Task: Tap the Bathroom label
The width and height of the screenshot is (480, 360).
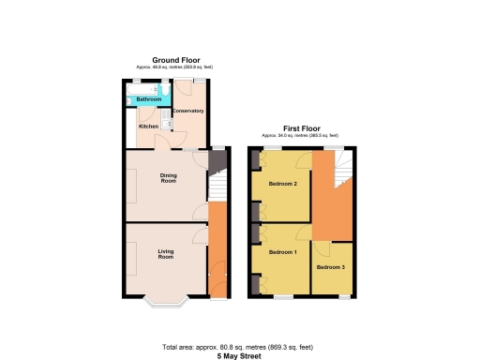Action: click(x=149, y=99)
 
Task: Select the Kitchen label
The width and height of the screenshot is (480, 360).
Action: click(x=148, y=126)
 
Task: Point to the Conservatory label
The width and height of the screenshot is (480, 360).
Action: click(x=187, y=112)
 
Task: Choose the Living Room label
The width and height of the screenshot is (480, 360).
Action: click(x=166, y=253)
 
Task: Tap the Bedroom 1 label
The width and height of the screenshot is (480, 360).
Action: click(x=282, y=253)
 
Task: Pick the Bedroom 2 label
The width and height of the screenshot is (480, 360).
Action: click(x=282, y=184)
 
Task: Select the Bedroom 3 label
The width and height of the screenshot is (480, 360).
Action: click(x=330, y=268)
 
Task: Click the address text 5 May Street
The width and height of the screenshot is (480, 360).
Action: click(x=239, y=355)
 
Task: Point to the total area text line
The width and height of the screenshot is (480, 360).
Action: click(x=239, y=348)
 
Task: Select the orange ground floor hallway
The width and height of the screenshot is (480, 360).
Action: click(x=216, y=253)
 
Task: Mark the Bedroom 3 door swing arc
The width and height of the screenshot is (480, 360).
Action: click(x=320, y=249)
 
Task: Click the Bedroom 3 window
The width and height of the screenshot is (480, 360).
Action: click(x=344, y=296)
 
